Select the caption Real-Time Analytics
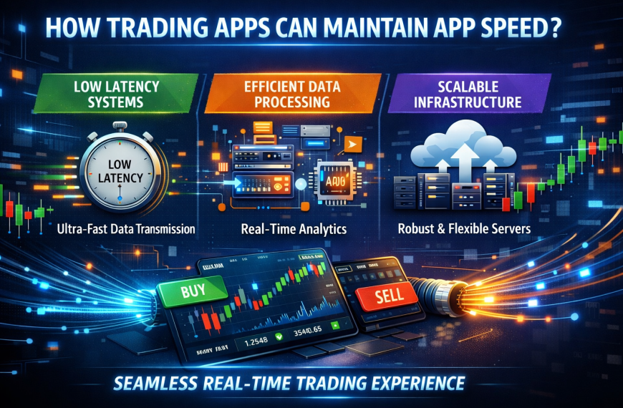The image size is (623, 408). point(295,230)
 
